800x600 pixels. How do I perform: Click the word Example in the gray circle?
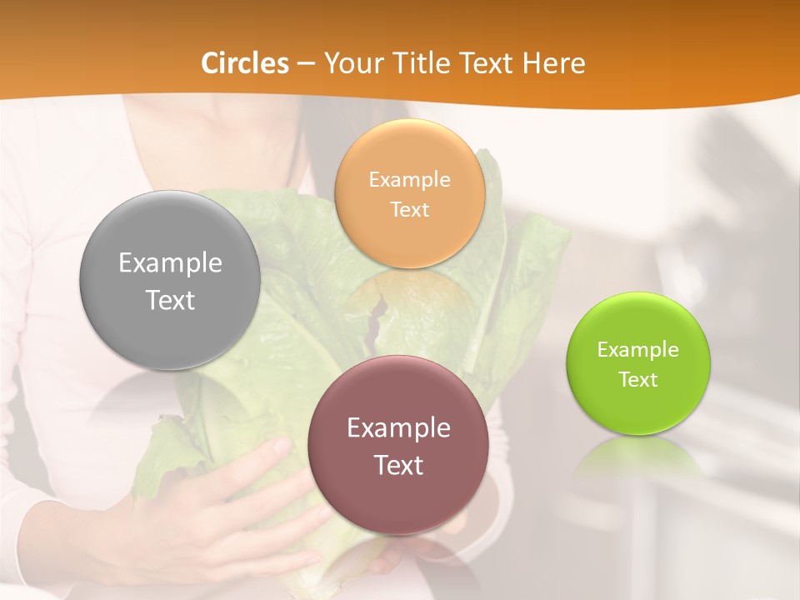click(x=170, y=263)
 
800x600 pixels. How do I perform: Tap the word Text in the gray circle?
click(x=170, y=300)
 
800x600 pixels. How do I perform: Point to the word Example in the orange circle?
click(x=409, y=180)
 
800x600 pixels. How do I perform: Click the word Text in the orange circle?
click(x=409, y=209)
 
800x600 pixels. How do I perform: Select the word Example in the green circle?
click(x=638, y=350)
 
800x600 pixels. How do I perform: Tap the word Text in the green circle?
click(x=638, y=379)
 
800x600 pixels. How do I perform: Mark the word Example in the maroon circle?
click(x=398, y=428)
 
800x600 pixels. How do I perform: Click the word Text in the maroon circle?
click(x=398, y=465)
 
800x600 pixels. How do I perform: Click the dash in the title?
click(x=306, y=64)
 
